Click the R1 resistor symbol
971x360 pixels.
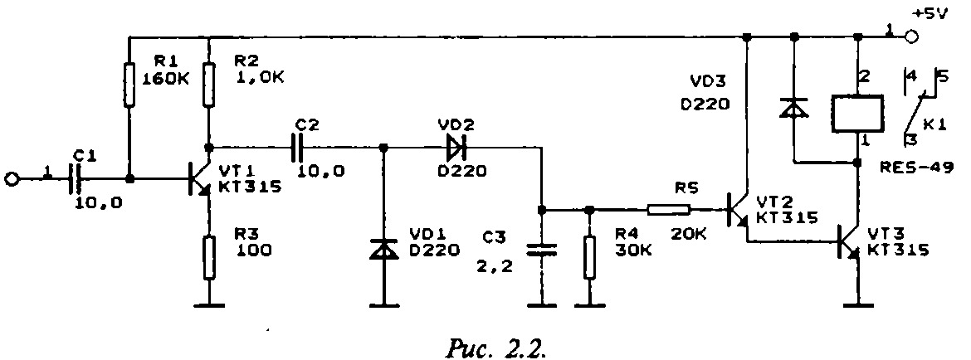click(x=129, y=85)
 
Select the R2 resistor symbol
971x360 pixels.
click(x=210, y=85)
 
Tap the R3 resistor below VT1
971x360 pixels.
click(x=210, y=257)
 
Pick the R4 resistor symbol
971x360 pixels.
click(x=589, y=257)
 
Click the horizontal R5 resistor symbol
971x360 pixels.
click(x=669, y=211)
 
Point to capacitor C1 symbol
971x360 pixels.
click(x=77, y=179)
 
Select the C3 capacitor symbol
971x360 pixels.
click(x=541, y=250)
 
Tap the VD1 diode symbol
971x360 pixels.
click(x=384, y=250)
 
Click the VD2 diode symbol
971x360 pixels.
click(x=455, y=148)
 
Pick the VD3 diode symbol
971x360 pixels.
click(x=794, y=108)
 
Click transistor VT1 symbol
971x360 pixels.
click(x=199, y=179)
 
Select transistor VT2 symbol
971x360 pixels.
click(x=738, y=211)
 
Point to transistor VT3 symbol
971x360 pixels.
click(x=849, y=242)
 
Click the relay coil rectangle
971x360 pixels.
click(x=858, y=113)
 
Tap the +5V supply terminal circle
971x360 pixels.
click(x=911, y=37)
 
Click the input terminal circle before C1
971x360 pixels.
click(x=12, y=179)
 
